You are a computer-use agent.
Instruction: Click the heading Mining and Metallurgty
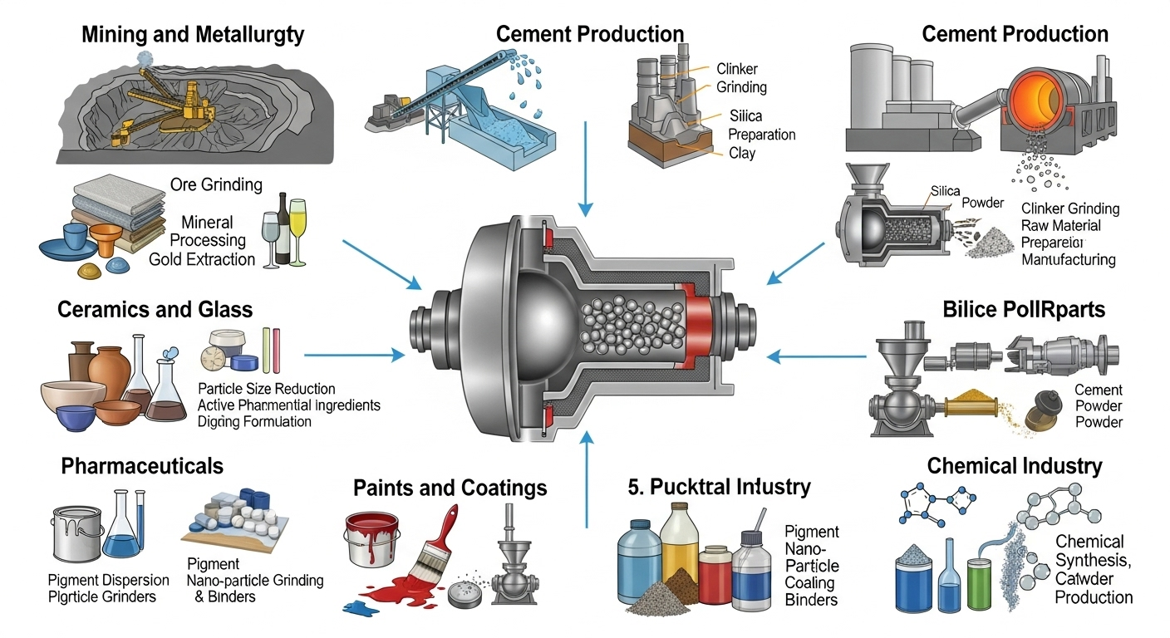click(193, 35)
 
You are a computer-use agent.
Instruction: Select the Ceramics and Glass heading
click(155, 310)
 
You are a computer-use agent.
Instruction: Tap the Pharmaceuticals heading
click(142, 466)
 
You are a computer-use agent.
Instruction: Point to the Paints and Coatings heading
click(450, 487)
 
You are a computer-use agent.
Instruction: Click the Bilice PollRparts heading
click(1024, 310)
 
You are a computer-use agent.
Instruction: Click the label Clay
click(741, 153)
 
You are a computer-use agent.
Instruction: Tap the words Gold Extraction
click(202, 259)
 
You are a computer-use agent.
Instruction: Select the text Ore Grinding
click(215, 184)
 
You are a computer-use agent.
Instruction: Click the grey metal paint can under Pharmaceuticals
click(76, 532)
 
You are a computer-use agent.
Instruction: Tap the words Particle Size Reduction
click(266, 389)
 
